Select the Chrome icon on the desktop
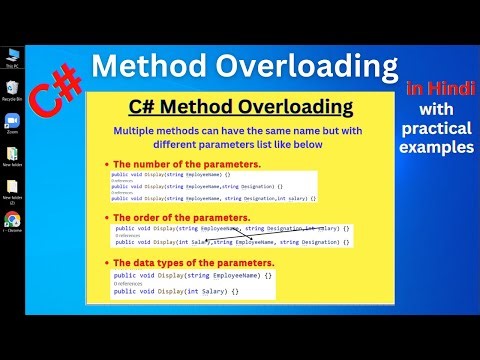(x=12, y=220)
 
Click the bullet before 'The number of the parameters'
(x=106, y=164)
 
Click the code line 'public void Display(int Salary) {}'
(x=176, y=291)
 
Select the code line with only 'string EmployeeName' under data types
(x=192, y=275)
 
